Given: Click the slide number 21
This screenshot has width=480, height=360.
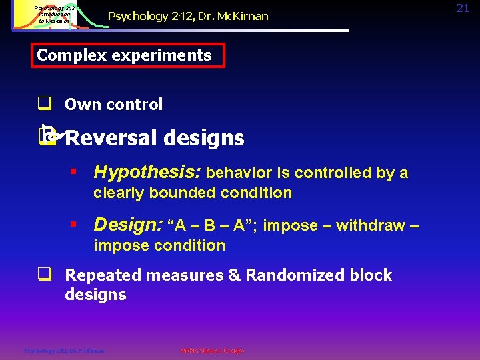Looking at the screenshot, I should [463, 8].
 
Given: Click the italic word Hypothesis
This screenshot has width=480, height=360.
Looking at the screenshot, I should [147, 173].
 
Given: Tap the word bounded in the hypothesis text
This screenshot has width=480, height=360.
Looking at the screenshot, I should [173, 193].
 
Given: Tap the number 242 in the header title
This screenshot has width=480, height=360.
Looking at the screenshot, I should [171, 15].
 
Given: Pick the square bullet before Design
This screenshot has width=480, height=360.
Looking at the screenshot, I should [75, 226].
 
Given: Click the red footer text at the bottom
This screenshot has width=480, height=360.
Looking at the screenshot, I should [212, 351].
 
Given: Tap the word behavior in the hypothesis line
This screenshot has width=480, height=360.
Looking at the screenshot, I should [240, 173].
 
